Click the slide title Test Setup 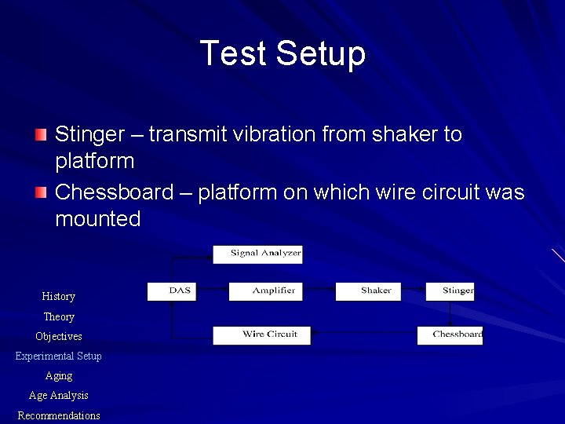click(282, 54)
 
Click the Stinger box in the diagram click(450, 291)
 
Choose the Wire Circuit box click(261, 335)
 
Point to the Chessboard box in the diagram click(450, 335)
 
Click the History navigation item click(59, 297)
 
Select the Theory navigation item click(59, 317)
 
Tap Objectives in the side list click(59, 337)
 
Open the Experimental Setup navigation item click(59, 356)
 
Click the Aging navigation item click(59, 376)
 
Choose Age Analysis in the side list click(59, 396)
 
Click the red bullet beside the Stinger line click(41, 134)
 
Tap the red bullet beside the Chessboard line click(41, 192)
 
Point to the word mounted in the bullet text click(97, 219)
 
